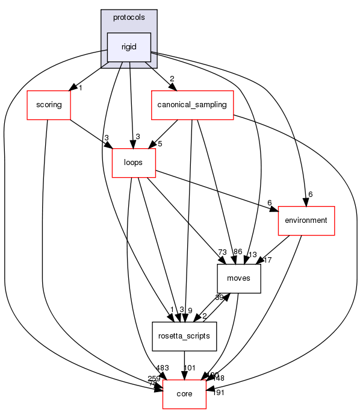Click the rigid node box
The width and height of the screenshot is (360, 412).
[128, 48]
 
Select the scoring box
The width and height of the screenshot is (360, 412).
[49, 105]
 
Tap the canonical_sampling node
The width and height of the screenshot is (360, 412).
[192, 105]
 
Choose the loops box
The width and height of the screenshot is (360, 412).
[134, 163]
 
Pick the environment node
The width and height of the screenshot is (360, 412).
[306, 220]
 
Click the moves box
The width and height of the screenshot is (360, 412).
[238, 278]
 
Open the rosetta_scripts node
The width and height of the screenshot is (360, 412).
[184, 336]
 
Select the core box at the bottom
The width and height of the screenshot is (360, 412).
[184, 394]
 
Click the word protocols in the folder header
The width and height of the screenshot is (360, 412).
[128, 17]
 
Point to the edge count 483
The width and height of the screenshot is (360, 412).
[162, 368]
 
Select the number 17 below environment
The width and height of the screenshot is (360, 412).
[267, 261]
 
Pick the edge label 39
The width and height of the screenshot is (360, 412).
[220, 298]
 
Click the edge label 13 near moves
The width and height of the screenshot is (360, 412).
[252, 254]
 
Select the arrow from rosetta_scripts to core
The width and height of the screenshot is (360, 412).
[184, 365]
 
